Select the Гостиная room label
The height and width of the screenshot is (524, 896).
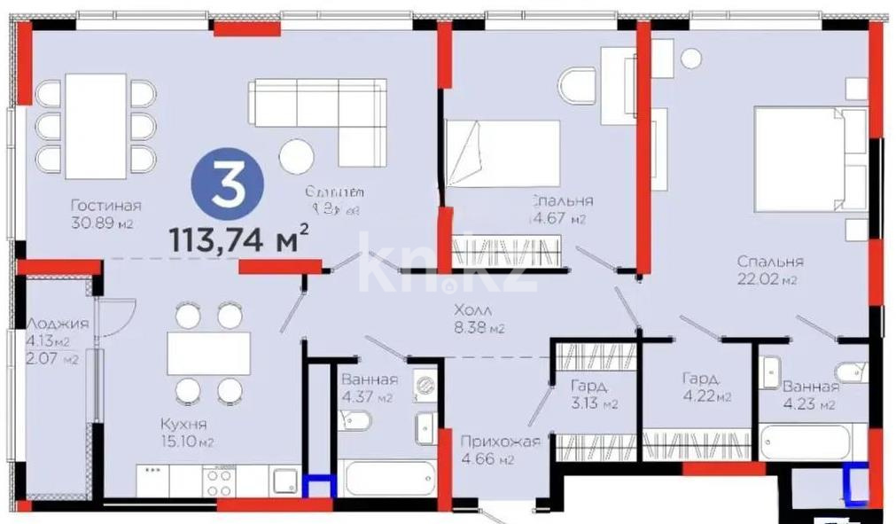(x=105, y=206)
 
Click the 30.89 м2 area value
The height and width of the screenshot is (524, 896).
(x=101, y=223)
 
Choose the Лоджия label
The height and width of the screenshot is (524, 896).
(x=59, y=324)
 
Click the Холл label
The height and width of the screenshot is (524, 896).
(x=471, y=311)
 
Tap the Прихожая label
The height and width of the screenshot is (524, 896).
(x=500, y=441)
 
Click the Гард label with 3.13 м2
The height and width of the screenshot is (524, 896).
(x=588, y=387)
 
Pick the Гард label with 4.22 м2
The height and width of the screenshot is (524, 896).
(x=699, y=379)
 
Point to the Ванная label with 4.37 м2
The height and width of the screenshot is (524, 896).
(x=369, y=379)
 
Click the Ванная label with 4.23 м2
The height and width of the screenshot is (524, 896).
(x=810, y=387)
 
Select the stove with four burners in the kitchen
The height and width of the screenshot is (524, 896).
(x=219, y=482)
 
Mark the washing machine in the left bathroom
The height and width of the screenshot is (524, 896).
(x=426, y=387)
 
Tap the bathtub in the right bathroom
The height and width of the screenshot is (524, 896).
(x=812, y=440)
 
